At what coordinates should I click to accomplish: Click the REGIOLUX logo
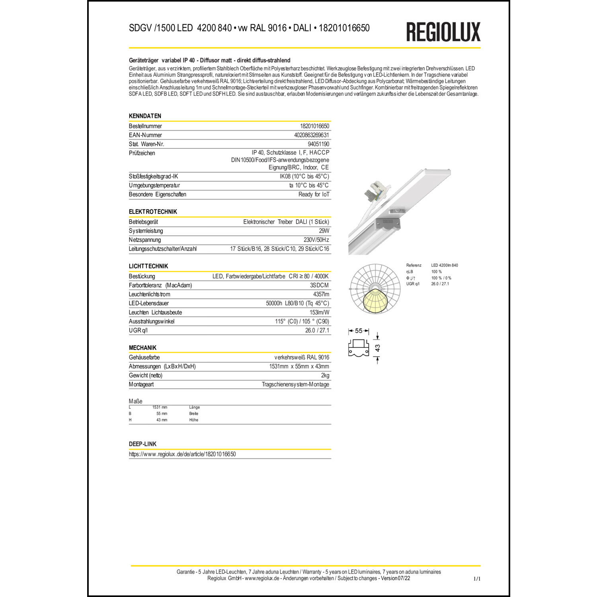tap(443, 32)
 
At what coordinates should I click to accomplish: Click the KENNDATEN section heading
tap(145, 116)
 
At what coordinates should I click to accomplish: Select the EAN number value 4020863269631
tap(311, 135)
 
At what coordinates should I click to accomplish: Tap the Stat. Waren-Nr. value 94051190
tap(318, 144)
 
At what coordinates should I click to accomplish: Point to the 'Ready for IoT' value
tap(314, 194)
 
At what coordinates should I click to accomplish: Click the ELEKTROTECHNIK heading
tap(153, 212)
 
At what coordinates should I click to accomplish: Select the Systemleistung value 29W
tap(324, 231)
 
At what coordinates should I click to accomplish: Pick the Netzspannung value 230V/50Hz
tap(316, 240)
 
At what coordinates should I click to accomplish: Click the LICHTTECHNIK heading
tap(148, 266)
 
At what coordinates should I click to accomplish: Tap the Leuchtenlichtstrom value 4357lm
tap(321, 294)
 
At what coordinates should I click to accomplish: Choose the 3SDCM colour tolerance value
tap(319, 285)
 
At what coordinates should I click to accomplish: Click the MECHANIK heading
tap(142, 347)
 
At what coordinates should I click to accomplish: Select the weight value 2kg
tap(325, 375)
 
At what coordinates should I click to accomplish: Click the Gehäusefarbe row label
tap(144, 357)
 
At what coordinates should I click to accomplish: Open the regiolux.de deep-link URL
tap(182, 454)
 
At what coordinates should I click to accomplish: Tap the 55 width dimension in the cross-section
tap(359, 331)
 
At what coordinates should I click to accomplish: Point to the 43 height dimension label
tap(377, 348)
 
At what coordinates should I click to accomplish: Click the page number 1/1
tap(476, 579)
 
